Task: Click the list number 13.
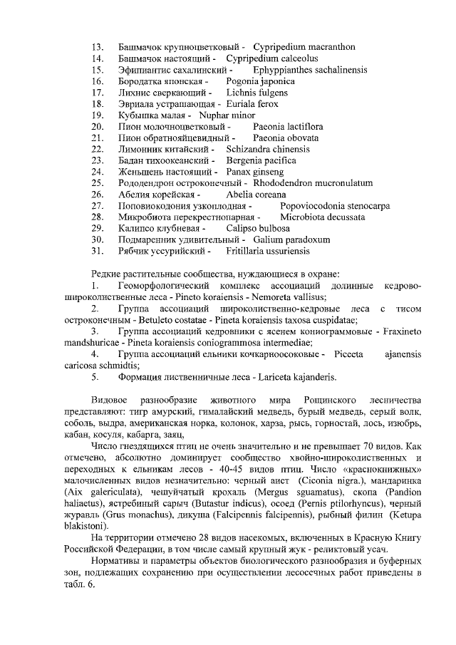99,47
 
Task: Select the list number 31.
99,252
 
